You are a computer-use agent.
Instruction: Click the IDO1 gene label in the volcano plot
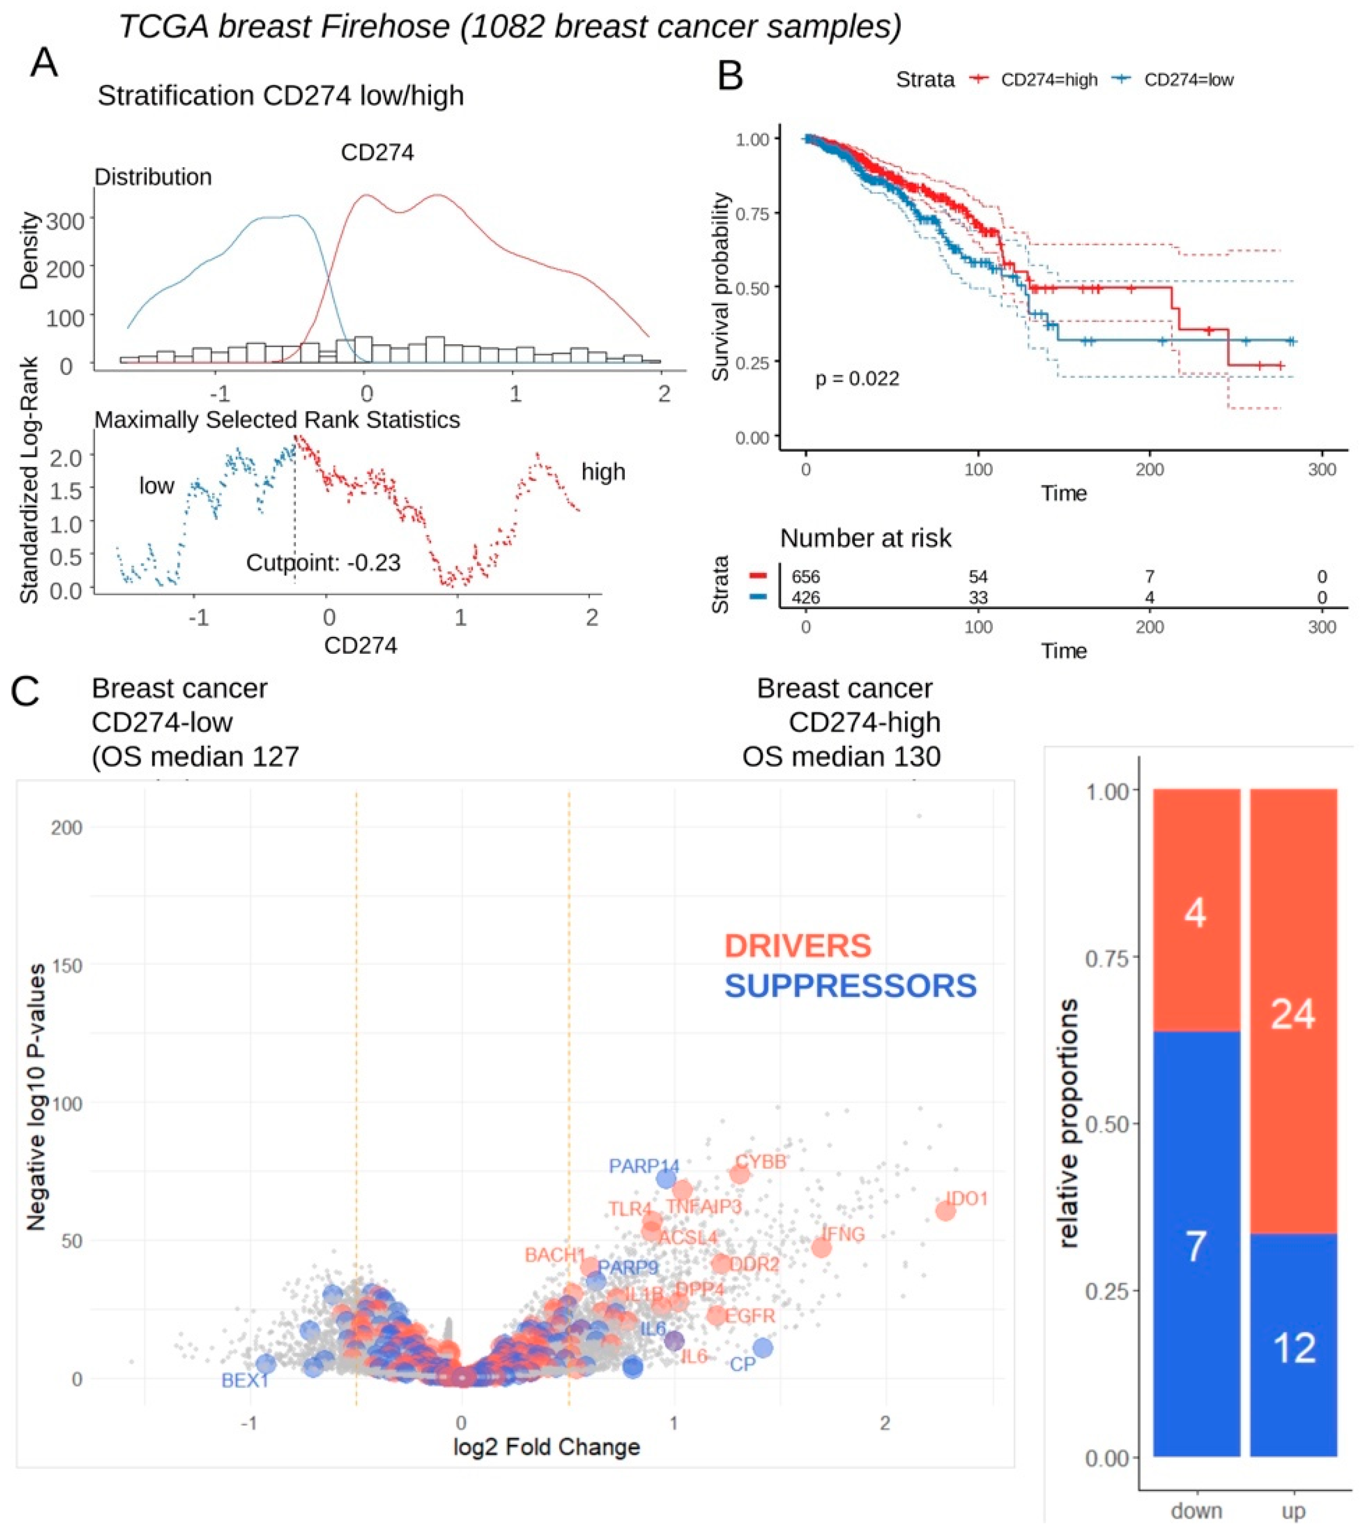tap(968, 1198)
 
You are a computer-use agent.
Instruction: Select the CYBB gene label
tap(761, 1162)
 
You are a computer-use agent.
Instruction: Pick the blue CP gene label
tap(743, 1364)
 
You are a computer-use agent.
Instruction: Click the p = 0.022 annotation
tap(857, 378)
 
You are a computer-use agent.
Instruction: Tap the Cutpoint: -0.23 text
tap(323, 562)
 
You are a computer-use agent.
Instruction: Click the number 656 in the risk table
tap(806, 576)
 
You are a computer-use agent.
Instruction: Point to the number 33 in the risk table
tap(978, 597)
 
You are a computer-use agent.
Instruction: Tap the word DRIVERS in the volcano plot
tap(798, 946)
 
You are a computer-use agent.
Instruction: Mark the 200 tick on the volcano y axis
tap(66, 828)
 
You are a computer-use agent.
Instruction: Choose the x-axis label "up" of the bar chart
tap(1293, 1510)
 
